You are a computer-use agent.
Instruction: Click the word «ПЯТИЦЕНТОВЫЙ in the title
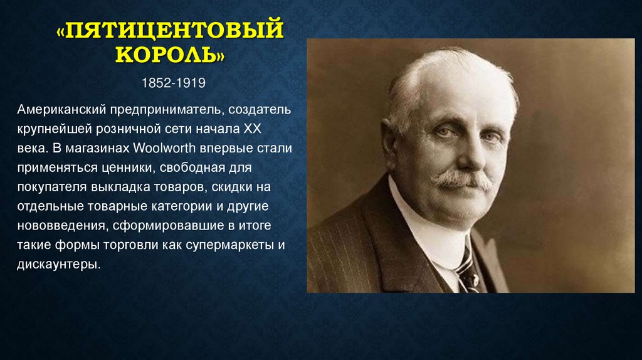pyautogui.click(x=170, y=31)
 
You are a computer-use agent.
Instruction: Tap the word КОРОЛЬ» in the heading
pyautogui.click(x=170, y=56)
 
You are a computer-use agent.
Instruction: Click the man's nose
pyautogui.click(x=463, y=157)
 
